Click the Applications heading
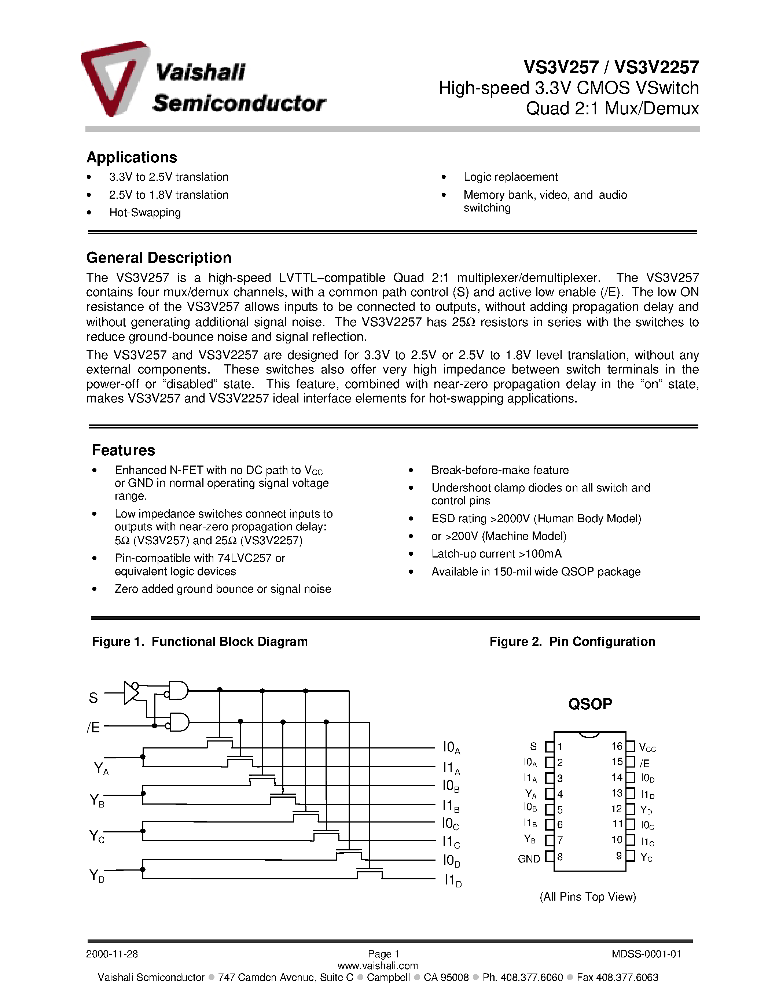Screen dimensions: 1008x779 point(132,157)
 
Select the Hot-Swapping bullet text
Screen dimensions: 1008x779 point(145,213)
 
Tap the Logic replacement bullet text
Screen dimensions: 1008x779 point(510,177)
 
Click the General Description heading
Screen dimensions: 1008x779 point(159,258)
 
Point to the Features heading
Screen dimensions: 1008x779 point(123,450)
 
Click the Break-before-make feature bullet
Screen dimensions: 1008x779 point(500,470)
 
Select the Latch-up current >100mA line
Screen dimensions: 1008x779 point(496,554)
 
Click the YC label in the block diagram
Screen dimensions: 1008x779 point(96,836)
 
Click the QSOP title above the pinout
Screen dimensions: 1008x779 point(590,704)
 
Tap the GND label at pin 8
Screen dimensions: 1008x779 point(529,859)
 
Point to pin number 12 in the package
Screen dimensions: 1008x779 point(617,809)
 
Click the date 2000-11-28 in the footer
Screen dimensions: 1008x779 point(112,954)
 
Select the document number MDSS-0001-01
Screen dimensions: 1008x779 point(646,954)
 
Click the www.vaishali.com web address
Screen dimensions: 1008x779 point(378,965)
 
